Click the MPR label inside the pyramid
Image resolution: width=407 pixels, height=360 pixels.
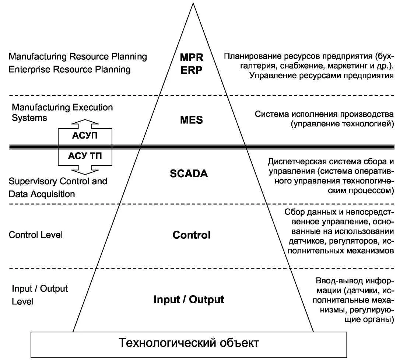tap(192, 57)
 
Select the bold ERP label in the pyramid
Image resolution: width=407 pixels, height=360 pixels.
tap(192, 70)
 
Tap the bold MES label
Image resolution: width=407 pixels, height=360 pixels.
tap(192, 120)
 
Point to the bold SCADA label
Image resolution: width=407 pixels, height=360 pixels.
tap(189, 173)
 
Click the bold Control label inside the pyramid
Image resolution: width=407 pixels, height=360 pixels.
tap(192, 235)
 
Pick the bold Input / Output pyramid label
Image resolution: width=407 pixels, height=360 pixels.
tap(189, 299)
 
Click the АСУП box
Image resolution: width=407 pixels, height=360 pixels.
tap(85, 135)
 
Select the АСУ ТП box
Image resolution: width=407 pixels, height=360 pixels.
tap(85, 155)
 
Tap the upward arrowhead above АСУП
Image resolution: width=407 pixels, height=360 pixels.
tap(85, 123)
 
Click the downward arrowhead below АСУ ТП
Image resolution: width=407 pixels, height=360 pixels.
tap(85, 170)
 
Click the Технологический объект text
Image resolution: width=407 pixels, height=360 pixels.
tap(189, 343)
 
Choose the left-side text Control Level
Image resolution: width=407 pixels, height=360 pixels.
tap(35, 235)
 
